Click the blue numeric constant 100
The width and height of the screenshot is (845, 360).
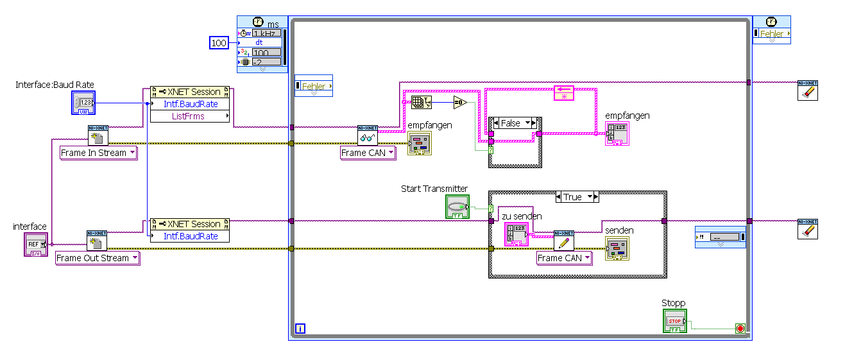219,43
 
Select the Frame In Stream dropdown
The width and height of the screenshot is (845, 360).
98,153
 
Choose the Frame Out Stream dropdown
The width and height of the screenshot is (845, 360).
97,258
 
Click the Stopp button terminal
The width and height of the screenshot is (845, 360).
674,321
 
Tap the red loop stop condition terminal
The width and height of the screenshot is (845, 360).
740,329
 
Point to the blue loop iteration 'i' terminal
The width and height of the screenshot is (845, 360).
299,329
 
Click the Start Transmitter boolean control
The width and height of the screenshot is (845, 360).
457,206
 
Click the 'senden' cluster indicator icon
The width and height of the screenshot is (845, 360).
617,248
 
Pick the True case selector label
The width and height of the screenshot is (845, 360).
577,197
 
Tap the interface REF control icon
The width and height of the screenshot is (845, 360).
36,244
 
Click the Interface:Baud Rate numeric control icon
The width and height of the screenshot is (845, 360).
83,103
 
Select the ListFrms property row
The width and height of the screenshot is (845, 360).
189,116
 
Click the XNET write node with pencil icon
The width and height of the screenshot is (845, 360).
564,241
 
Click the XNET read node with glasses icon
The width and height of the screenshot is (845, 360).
368,136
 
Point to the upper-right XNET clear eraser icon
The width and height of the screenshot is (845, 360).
807,90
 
